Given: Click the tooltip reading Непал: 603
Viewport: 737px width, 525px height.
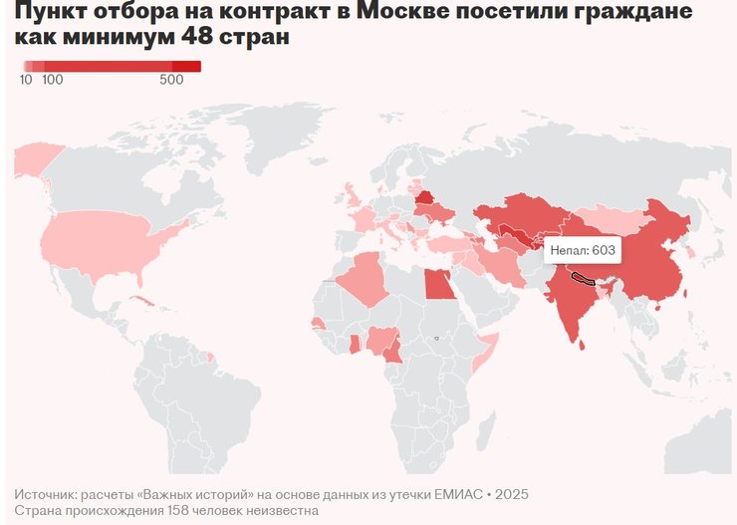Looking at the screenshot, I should tap(583, 249).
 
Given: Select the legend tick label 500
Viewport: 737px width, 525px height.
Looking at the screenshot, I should tap(171, 80).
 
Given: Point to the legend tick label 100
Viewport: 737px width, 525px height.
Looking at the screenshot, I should tap(53, 80).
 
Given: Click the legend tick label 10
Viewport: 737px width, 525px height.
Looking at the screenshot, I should tap(26, 80).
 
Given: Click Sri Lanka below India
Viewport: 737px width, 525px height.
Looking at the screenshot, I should tap(583, 344).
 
